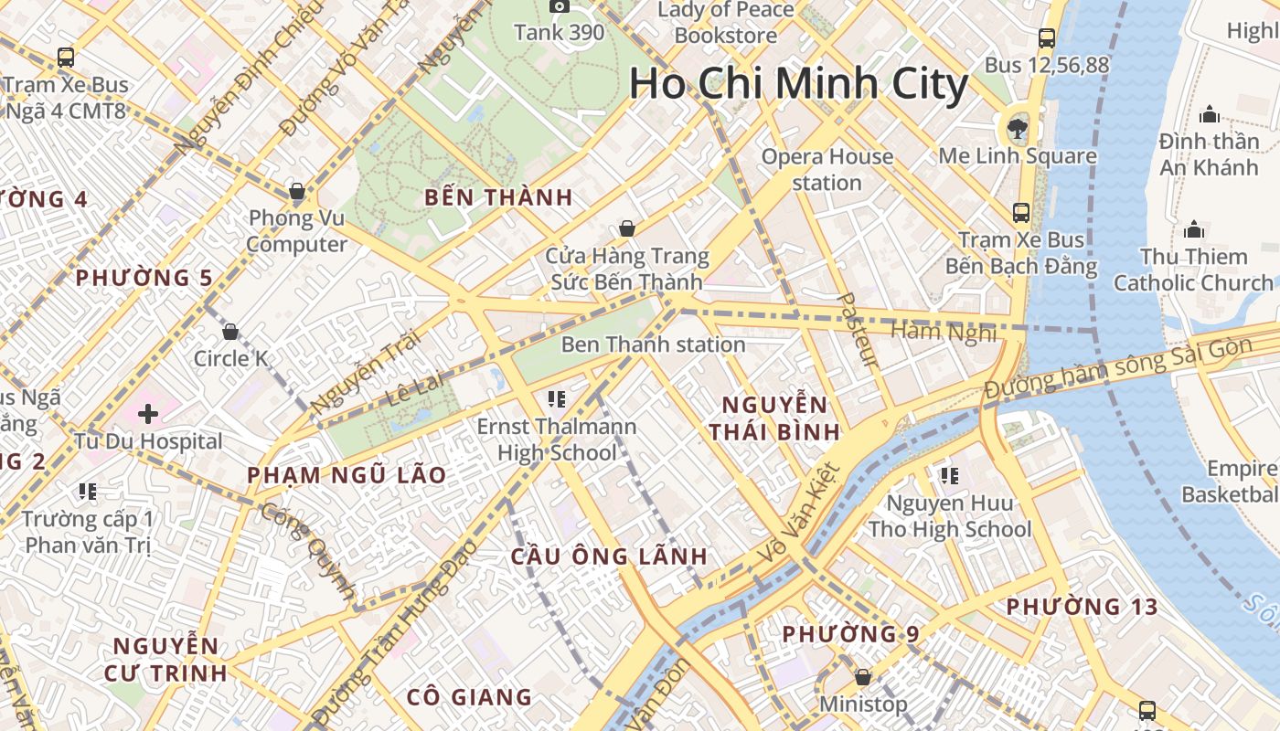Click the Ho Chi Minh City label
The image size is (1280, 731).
798,84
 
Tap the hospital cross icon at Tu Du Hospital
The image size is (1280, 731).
148,415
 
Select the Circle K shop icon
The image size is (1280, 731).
230,331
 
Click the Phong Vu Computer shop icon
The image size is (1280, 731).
297,192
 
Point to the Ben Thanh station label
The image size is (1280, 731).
653,344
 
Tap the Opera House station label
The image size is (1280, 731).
827,169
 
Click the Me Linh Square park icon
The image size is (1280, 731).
1018,128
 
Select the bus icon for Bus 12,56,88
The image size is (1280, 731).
1047,38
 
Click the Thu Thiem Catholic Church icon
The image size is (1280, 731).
1194,229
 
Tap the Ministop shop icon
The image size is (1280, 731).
862,677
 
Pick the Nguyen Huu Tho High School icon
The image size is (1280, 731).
950,475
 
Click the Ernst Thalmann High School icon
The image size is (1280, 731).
557,398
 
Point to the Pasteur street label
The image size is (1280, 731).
858,330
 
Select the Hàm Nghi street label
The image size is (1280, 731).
944,331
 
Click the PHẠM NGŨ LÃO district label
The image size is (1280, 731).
347,474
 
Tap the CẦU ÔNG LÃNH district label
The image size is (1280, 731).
609,556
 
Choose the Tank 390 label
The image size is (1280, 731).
559,33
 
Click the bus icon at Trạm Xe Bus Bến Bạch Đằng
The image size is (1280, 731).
1021,213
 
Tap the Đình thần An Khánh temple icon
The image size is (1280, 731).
1210,114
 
